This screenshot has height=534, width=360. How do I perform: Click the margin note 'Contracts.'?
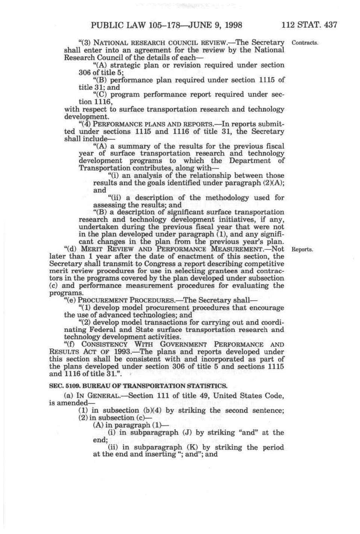click(305, 42)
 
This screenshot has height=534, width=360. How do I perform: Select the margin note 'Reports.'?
click(302, 250)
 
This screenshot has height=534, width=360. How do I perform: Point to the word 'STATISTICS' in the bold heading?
click(207, 386)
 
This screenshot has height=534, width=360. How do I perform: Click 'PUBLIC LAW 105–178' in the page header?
click(126, 26)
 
